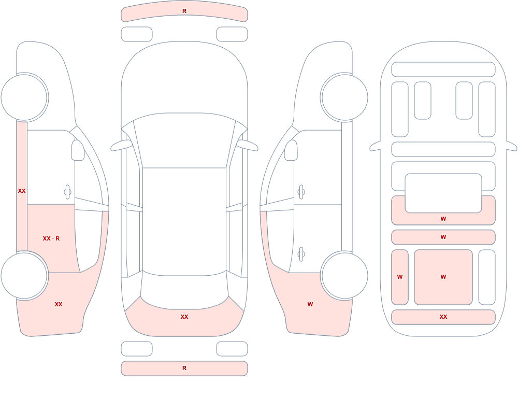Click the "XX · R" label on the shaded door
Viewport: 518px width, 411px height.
pos(51,238)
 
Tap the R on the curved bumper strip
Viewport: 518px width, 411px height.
pos(184,11)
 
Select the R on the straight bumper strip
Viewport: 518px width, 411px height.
pos(184,368)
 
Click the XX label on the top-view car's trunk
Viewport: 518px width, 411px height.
pos(184,317)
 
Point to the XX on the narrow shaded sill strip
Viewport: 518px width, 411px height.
pos(22,191)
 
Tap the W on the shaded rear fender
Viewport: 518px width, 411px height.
pos(310,304)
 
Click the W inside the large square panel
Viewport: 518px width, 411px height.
pos(443,277)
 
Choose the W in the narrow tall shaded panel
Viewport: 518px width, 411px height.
pos(400,277)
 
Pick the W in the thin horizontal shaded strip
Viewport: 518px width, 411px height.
pos(443,237)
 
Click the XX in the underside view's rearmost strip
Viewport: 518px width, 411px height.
pos(443,317)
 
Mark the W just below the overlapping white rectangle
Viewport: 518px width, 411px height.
pos(443,219)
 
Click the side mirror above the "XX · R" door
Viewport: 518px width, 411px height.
pos(78,150)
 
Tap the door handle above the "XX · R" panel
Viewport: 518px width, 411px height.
pos(67,192)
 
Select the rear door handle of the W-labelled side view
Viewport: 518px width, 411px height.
pos(301,254)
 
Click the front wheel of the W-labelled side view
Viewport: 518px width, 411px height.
pos(344,97)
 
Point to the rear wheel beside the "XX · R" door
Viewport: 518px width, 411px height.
pos(24,275)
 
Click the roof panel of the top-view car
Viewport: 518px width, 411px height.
pos(184,221)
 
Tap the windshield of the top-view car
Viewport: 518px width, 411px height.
pos(184,140)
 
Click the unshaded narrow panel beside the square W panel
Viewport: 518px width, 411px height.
pos(486,277)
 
